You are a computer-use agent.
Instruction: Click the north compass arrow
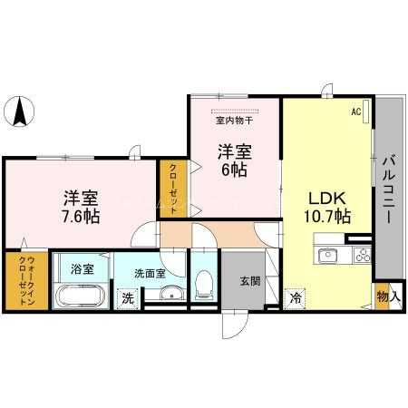pyautogui.click(x=20, y=114)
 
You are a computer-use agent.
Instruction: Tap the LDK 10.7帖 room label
pyautogui.click(x=326, y=207)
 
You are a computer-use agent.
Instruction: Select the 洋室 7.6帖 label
pyautogui.click(x=80, y=207)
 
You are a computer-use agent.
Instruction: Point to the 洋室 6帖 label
pyautogui.click(x=233, y=160)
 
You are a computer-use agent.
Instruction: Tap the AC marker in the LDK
pyautogui.click(x=356, y=112)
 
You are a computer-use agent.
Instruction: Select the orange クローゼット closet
pyautogui.click(x=170, y=187)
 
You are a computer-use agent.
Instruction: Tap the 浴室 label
pyautogui.click(x=83, y=269)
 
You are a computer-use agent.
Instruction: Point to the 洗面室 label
pyautogui.click(x=150, y=272)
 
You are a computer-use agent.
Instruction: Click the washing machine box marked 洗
pyautogui.click(x=128, y=296)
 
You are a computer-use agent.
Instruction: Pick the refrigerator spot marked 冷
pyautogui.click(x=295, y=296)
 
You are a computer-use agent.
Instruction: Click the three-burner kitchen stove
pyautogui.click(x=363, y=255)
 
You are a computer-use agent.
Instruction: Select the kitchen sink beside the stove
pyautogui.click(x=327, y=255)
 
